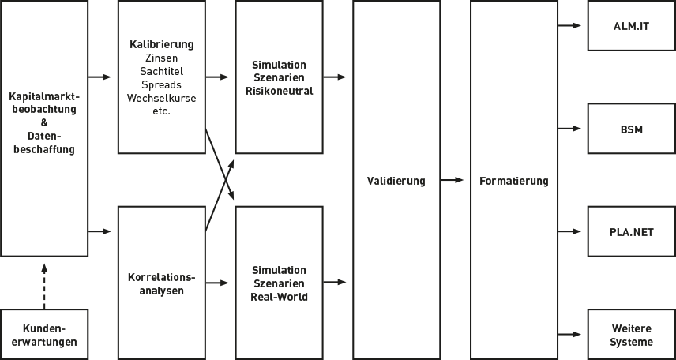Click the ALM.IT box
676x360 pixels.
click(x=631, y=26)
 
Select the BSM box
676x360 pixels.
click(x=631, y=129)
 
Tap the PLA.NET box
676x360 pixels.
click(x=631, y=231)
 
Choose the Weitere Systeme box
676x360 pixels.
click(x=631, y=335)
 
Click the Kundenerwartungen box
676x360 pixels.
click(x=44, y=335)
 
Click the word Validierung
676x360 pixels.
click(x=396, y=181)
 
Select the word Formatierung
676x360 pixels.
click(x=513, y=181)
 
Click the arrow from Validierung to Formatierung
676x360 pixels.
click(x=452, y=181)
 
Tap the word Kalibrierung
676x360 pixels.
click(x=161, y=44)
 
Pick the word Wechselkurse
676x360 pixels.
click(x=161, y=98)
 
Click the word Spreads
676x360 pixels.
click(x=161, y=84)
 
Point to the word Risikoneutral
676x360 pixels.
click(x=279, y=91)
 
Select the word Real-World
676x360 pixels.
click(x=279, y=297)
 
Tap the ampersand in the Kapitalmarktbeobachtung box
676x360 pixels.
click(x=44, y=123)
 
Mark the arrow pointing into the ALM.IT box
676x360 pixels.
click(x=570, y=25)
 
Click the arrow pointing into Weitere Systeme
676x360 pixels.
click(x=570, y=335)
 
